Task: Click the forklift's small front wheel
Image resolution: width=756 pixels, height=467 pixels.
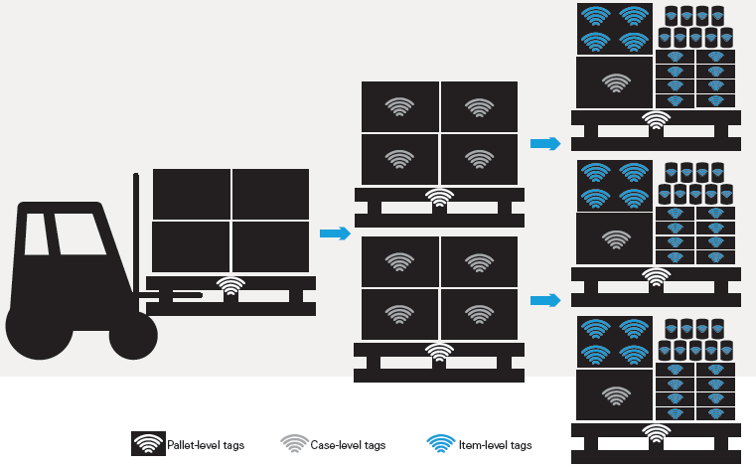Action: pos(132,336)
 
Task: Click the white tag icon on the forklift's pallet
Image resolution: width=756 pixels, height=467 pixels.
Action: pos(230,287)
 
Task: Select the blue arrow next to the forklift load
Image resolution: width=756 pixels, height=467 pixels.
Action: pos(335,234)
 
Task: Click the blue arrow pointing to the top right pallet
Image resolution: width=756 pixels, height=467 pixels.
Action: pos(545,144)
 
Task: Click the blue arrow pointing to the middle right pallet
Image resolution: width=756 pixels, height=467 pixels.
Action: pos(545,300)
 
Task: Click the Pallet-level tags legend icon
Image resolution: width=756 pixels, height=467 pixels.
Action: pos(148,444)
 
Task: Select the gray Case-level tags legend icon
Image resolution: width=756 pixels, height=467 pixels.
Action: pos(294,444)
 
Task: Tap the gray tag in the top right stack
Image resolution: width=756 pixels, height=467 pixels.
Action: pos(615,83)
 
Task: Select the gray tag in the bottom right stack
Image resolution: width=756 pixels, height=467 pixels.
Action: pos(615,394)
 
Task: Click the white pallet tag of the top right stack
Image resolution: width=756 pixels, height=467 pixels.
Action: pos(656,120)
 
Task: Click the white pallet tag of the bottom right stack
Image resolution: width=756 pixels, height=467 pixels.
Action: pos(656,432)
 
